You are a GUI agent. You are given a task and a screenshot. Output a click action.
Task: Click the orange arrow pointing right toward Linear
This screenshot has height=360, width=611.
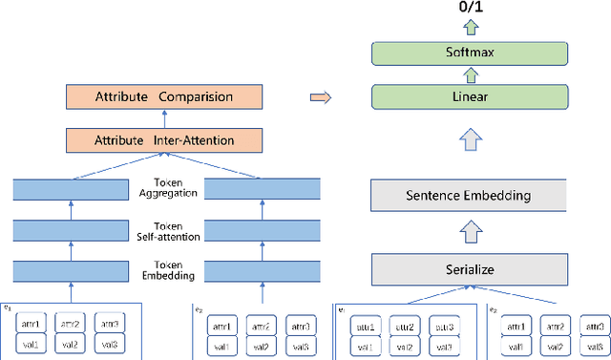point(322,96)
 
